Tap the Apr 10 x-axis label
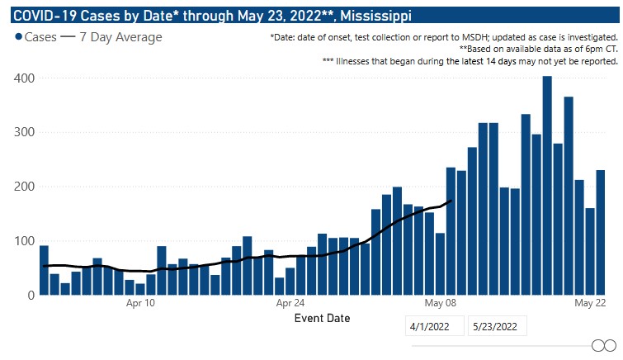140,303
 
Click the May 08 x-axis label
439,303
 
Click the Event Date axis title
322,318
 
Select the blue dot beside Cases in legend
18,37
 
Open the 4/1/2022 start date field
434,326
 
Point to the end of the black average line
452,201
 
